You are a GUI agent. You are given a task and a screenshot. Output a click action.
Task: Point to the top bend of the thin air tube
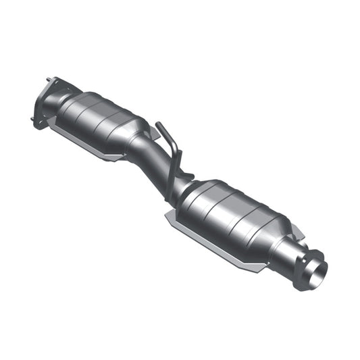coord(160,124)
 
